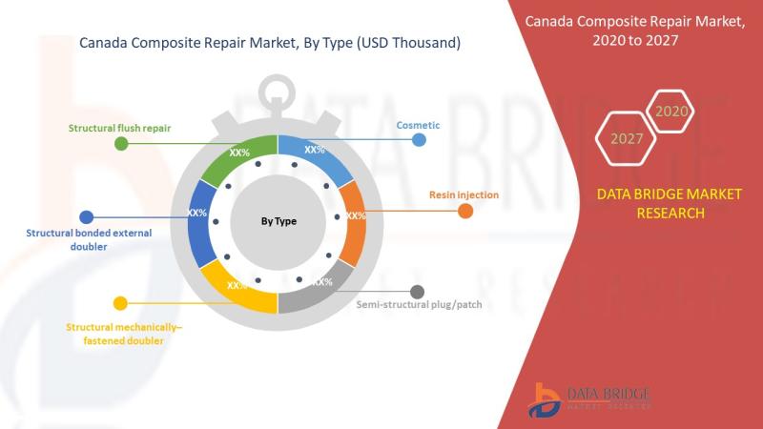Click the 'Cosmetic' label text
point(418,125)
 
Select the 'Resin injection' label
point(464,194)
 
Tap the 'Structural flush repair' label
point(119,128)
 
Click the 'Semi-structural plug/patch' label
point(419,304)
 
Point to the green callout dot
point(121,144)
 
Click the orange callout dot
point(465,211)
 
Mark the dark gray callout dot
point(417,292)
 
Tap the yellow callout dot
point(120,303)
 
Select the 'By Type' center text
point(278,221)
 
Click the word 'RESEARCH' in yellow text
point(670,213)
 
